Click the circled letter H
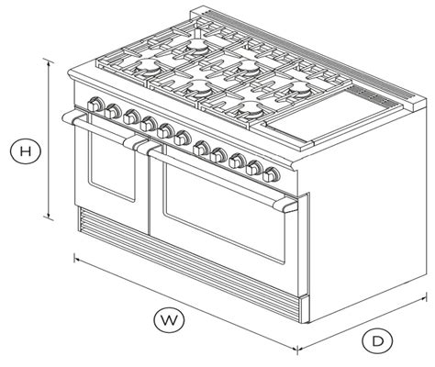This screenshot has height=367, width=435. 26,150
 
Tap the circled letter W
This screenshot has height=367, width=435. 169,320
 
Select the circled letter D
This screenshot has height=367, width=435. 377,340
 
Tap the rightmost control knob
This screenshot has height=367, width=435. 271,174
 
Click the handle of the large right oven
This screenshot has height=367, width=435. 220,177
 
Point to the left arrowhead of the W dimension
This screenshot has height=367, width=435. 77,260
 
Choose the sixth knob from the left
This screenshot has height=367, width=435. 183,138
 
